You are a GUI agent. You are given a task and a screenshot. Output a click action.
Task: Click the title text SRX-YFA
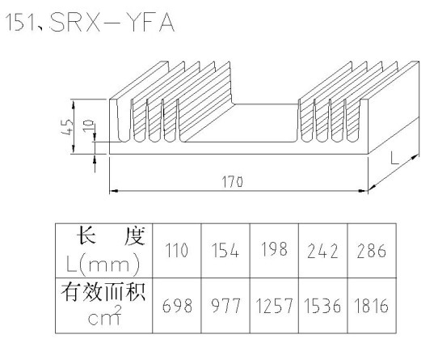(112, 23)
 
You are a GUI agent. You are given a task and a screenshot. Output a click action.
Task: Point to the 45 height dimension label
(67, 127)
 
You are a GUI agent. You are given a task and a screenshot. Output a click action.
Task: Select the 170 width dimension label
(233, 182)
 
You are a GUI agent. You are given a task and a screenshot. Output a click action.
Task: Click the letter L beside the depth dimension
(394, 159)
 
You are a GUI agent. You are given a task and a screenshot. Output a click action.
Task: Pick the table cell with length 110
(176, 250)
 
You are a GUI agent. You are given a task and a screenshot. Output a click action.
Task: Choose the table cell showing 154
(225, 250)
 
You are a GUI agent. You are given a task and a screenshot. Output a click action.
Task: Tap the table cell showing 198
(274, 250)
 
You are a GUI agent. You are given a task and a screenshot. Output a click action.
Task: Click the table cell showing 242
(323, 250)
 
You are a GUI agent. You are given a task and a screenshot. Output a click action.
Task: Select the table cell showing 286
(372, 250)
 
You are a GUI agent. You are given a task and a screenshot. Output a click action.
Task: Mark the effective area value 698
(177, 306)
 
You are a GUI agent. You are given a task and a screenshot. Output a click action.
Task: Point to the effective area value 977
(225, 306)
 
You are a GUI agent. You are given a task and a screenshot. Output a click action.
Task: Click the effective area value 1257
(274, 306)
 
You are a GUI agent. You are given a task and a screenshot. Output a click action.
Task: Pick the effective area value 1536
(322, 306)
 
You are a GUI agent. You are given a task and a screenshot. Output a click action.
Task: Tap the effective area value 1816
(371, 306)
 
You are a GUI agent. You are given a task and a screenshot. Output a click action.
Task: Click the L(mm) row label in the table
(103, 264)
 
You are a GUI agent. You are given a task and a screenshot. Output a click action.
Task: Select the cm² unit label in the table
(105, 316)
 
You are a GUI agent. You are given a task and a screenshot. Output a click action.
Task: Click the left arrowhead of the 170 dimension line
(112, 191)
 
